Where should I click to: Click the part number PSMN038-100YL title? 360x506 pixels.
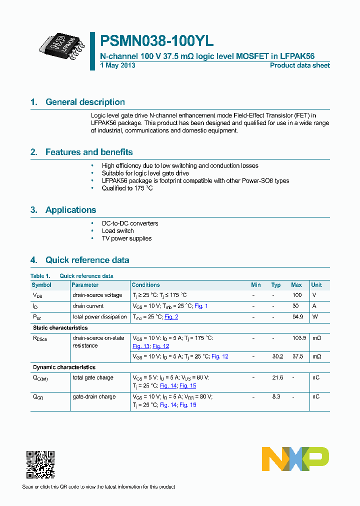(x=157, y=41)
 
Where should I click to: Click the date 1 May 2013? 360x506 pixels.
(x=117, y=65)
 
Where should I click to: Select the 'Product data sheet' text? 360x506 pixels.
(x=299, y=65)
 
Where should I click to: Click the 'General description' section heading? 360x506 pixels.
(x=85, y=102)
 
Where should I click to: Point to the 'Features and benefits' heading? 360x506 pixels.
(x=89, y=152)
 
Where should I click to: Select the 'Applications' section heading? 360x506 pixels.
(x=70, y=210)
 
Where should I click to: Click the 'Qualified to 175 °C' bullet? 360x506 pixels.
(x=127, y=188)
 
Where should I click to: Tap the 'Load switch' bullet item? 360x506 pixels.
(x=117, y=231)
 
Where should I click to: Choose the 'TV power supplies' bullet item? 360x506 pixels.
(x=126, y=238)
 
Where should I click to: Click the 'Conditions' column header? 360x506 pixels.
(x=145, y=285)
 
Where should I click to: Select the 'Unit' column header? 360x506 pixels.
(x=316, y=285)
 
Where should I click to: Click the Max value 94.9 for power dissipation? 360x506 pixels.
(x=297, y=317)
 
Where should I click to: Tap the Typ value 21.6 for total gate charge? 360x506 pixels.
(x=276, y=377)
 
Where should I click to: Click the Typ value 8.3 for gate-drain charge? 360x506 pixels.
(x=276, y=396)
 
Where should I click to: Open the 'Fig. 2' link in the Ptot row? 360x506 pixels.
(x=171, y=317)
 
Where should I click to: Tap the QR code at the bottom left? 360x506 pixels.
(x=40, y=464)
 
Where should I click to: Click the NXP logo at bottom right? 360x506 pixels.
(x=295, y=458)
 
